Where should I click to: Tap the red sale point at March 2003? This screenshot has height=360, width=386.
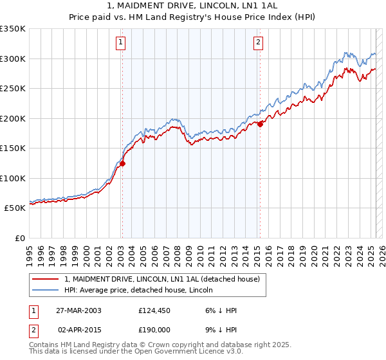pyautogui.click(x=122, y=163)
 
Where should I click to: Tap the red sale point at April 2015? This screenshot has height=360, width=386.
pyautogui.click(x=260, y=125)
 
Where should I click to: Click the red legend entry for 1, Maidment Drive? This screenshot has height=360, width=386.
pyautogui.click(x=161, y=279)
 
